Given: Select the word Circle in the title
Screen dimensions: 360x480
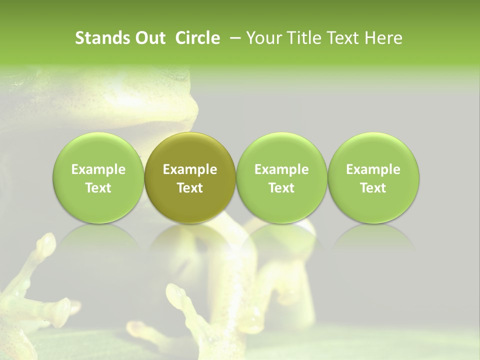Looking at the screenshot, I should coord(197,38).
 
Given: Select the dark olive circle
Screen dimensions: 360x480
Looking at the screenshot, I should coord(190,177).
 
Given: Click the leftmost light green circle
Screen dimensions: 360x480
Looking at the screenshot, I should coord(98,177).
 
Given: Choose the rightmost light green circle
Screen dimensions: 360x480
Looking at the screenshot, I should coord(373,177).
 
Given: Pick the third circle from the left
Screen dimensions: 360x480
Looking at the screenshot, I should coord(281,177).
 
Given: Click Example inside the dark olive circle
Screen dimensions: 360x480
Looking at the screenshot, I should coord(190,170).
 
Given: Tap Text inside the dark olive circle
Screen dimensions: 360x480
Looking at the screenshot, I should coord(190,188).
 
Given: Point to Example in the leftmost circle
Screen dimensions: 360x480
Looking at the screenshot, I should coord(98,170).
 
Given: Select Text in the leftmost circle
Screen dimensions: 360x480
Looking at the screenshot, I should coord(98,188).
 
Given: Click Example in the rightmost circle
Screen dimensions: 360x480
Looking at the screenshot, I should coord(373,170).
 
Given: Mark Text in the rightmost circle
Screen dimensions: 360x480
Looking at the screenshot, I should coord(373,188).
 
